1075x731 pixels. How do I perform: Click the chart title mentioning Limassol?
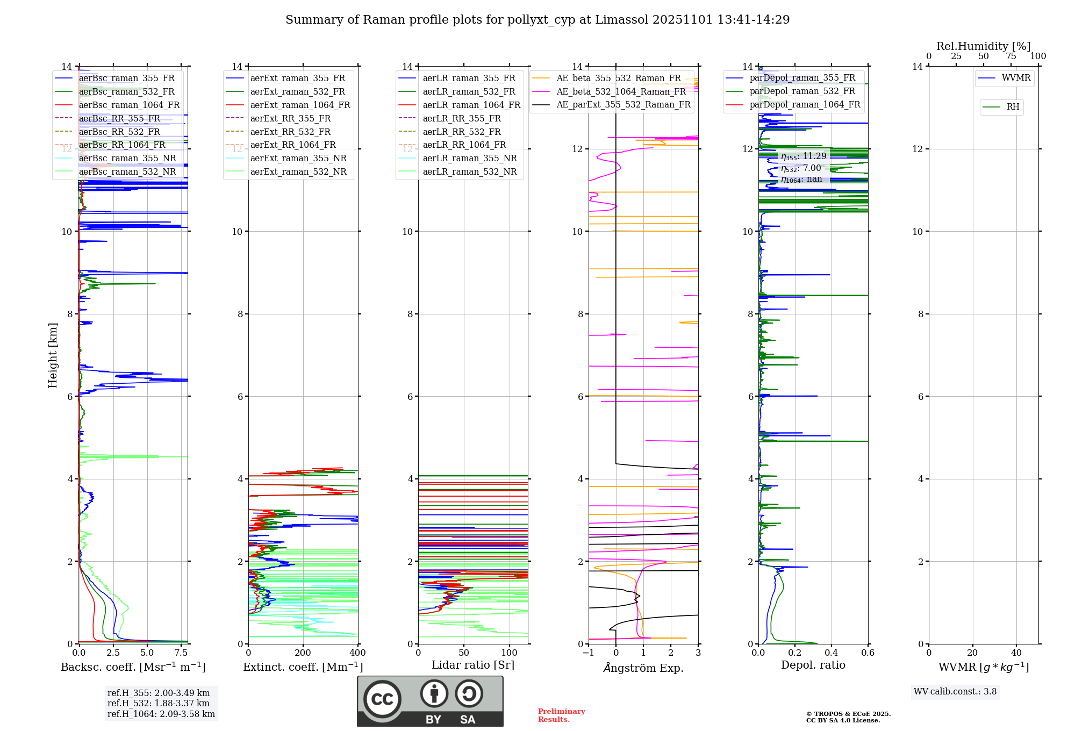(x=537, y=20)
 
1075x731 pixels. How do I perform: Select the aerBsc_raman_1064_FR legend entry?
(x=129, y=105)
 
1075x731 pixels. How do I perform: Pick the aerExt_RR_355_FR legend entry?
(x=290, y=118)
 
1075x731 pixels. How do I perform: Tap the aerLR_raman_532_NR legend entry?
(x=469, y=171)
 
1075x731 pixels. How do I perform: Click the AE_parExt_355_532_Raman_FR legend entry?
(x=623, y=104)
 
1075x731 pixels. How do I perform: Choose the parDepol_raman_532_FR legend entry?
(x=802, y=91)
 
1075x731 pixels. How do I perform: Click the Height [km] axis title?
(x=53, y=355)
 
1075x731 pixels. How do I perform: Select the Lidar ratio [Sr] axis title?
(x=473, y=665)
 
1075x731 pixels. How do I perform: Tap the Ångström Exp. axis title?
(x=643, y=668)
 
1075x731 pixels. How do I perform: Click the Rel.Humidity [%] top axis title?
(x=984, y=46)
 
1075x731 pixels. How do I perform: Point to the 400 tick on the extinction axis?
(x=357, y=653)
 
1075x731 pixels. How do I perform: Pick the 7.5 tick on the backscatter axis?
(x=181, y=653)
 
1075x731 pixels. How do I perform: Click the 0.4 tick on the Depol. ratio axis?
(x=832, y=653)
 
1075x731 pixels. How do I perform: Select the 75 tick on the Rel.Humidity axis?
(x=1011, y=56)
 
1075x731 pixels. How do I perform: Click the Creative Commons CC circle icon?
(x=382, y=699)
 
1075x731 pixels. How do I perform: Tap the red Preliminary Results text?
(x=561, y=715)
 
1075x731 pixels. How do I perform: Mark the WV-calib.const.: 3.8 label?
(x=955, y=692)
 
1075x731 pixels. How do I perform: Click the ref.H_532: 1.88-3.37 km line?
(x=159, y=704)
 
